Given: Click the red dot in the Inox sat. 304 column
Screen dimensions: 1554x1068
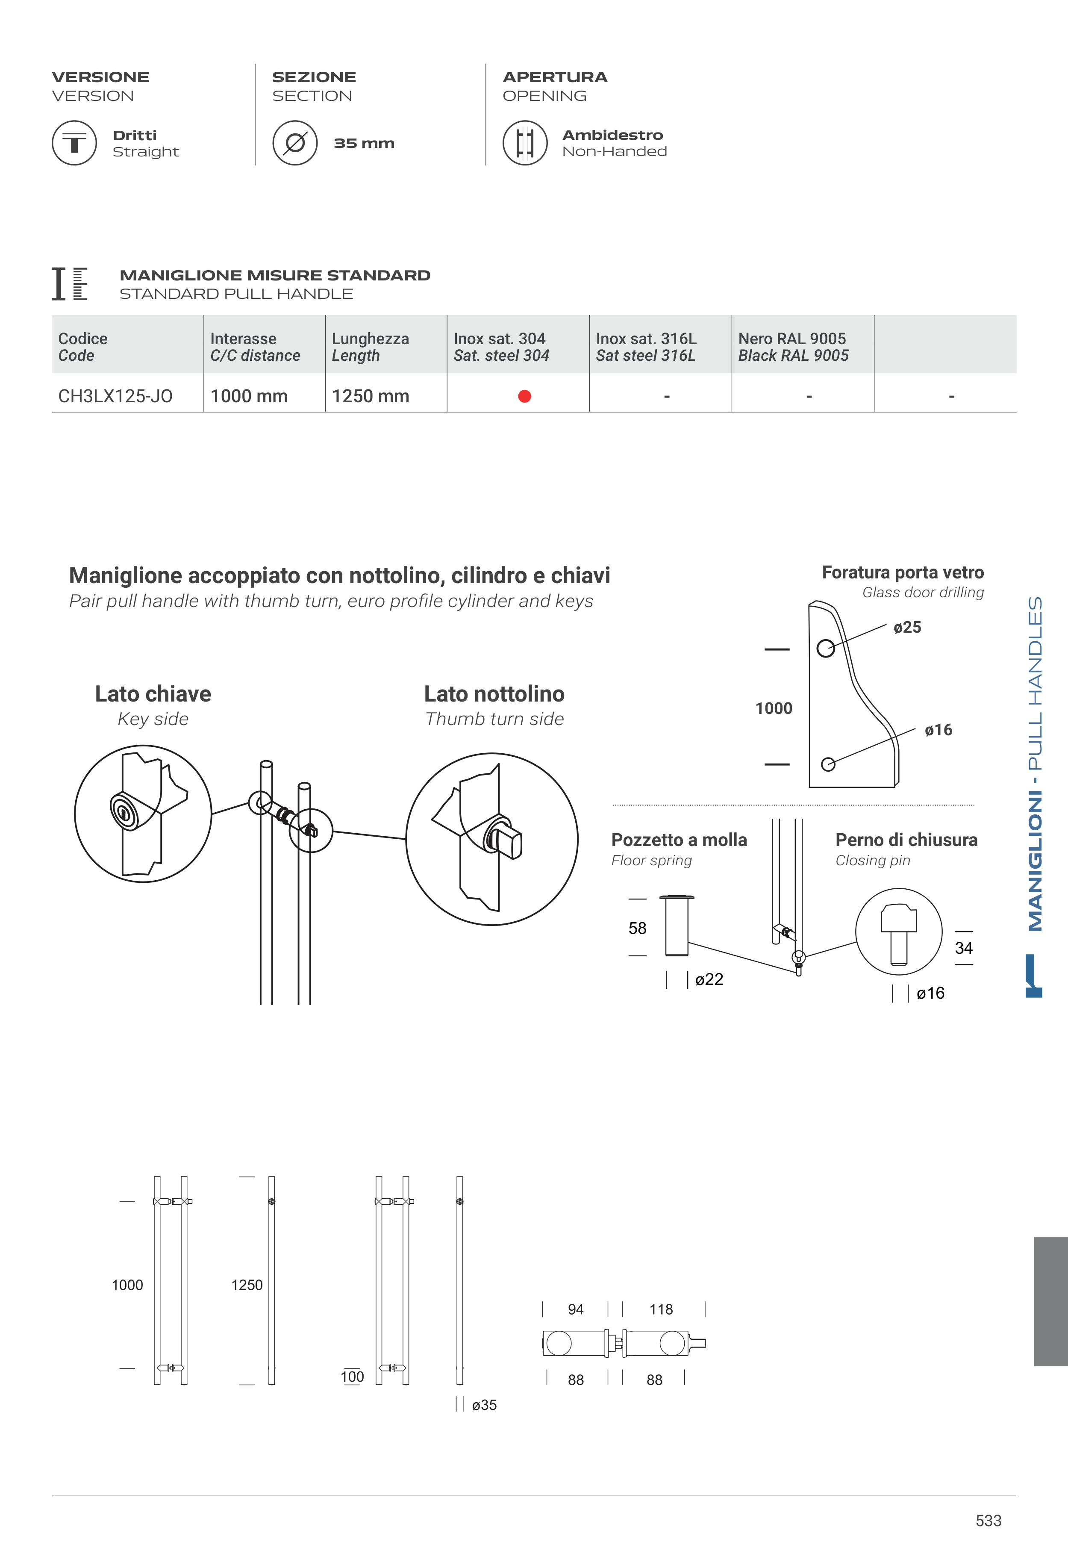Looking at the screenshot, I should pos(525,396).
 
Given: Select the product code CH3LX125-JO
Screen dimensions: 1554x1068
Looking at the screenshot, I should pos(115,396).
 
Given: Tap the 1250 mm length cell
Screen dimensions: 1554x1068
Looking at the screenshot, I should pos(370,396).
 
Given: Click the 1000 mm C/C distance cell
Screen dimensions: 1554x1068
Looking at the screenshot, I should pos(249,396).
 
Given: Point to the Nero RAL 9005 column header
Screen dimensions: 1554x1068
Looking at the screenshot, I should pos(793,347).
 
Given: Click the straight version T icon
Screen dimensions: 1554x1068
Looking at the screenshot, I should pos(74,142).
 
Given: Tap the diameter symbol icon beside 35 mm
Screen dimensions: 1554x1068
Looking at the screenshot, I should pos(294,142).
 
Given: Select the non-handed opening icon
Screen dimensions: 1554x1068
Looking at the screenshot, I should pos(525,142).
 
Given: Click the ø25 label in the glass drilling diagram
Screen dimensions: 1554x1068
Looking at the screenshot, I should pos(907,628).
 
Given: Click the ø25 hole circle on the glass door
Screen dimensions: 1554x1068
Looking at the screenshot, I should pos(826,648).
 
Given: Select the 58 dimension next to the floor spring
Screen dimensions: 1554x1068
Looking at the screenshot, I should pos(637,928).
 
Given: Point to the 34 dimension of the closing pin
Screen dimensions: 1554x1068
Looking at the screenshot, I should pos(964,948).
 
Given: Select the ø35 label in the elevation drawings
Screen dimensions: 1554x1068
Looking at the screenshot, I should pos(484,1405).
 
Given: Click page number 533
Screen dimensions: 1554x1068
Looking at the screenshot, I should pos(989,1521).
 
